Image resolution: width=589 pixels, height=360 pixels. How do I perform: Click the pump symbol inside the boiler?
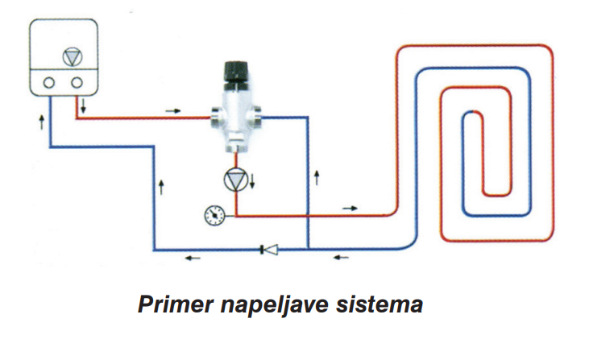pyautogui.click(x=73, y=57)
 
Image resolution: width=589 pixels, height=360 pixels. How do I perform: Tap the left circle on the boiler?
pyautogui.click(x=49, y=82)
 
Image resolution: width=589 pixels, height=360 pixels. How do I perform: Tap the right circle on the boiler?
pyautogui.click(x=77, y=82)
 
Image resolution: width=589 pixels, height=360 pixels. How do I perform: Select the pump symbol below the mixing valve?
pyautogui.click(x=235, y=180)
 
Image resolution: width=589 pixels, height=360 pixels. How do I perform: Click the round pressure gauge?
pyautogui.click(x=214, y=216)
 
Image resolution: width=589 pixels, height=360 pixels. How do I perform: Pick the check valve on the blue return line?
pyautogui.click(x=269, y=249)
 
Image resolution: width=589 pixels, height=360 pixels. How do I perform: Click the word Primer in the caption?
pyautogui.click(x=176, y=304)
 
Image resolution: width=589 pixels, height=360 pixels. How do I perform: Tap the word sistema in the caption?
pyautogui.click(x=380, y=304)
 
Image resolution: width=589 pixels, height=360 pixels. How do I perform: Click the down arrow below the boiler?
pyautogui.click(x=83, y=106)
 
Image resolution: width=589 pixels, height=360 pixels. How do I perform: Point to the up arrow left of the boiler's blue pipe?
pyautogui.click(x=42, y=122)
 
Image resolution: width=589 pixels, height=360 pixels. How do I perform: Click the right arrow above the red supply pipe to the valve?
pyautogui.click(x=173, y=111)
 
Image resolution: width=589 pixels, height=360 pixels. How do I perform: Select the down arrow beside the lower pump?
pyautogui.click(x=252, y=180)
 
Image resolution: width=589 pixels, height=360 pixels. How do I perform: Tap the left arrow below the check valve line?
pyautogui.click(x=193, y=258)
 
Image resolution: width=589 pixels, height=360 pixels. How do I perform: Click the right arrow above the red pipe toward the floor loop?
pyautogui.click(x=350, y=208)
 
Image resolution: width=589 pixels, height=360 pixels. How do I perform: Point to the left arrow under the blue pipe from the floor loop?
pyautogui.click(x=341, y=258)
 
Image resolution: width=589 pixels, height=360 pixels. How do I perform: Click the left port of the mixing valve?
pyautogui.click(x=216, y=117)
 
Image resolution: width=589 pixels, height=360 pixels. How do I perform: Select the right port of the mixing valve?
pyautogui.click(x=256, y=116)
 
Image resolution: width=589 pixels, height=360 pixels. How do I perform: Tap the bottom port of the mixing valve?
pyautogui.click(x=234, y=147)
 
